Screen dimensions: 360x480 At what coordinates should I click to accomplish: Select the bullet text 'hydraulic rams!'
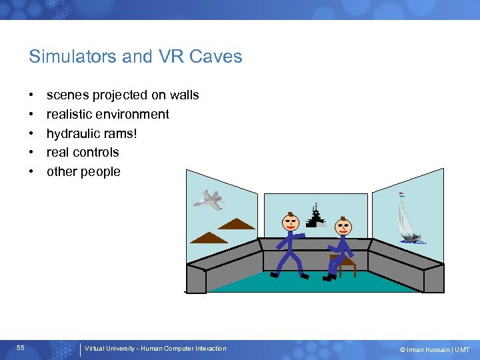pyautogui.click(x=91, y=133)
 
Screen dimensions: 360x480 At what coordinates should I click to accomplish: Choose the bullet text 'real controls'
pyautogui.click(x=83, y=152)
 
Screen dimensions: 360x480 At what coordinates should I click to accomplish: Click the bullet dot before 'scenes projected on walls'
pyautogui.click(x=32, y=95)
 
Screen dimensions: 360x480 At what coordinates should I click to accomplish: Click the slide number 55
pyautogui.click(x=21, y=348)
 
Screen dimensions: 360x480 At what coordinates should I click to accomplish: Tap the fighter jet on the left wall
pyautogui.click(x=209, y=199)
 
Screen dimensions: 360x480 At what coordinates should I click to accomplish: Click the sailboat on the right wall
pyautogui.click(x=409, y=220)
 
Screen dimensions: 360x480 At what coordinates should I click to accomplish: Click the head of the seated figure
pyautogui.click(x=343, y=225)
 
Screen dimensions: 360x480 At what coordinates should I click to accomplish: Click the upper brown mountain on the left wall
pyautogui.click(x=236, y=224)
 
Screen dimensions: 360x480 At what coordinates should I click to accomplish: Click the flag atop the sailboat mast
pyautogui.click(x=401, y=195)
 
